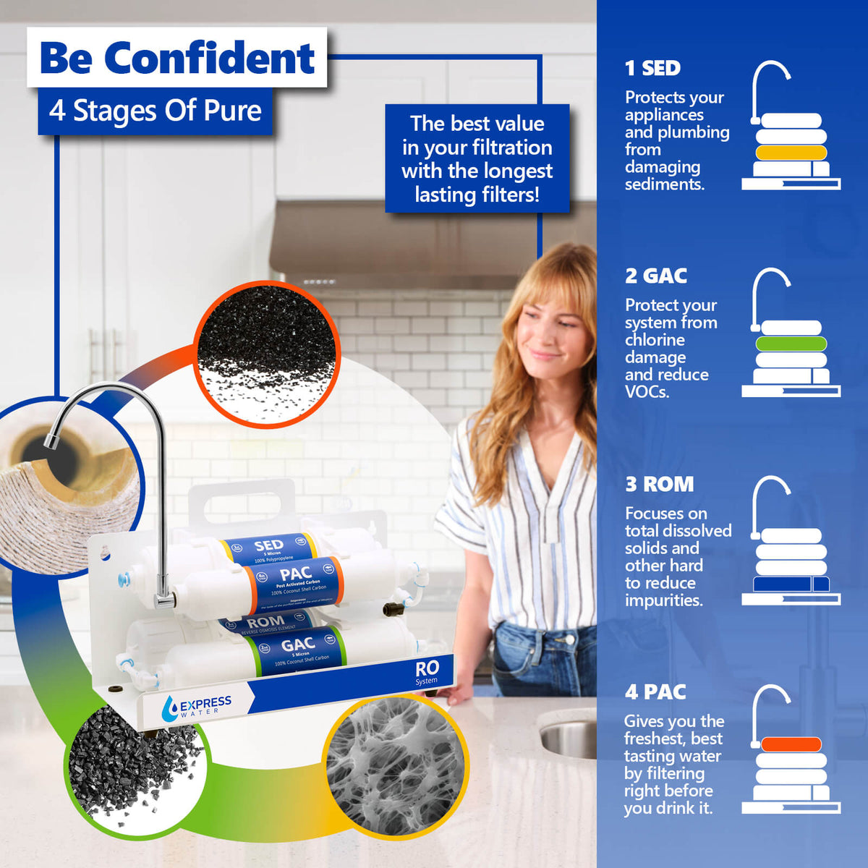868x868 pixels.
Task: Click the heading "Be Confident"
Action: point(177,58)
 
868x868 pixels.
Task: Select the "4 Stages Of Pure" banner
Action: point(155,111)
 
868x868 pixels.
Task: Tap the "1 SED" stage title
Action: point(652,68)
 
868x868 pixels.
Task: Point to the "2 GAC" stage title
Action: point(655,276)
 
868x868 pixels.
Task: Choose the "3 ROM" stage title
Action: point(659,484)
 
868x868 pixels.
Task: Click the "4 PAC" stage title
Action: point(655,692)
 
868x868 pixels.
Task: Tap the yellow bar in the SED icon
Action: point(791,153)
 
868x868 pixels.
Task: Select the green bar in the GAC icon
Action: point(791,344)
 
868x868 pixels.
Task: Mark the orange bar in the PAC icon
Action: point(791,744)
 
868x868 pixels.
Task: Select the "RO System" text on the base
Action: point(427,673)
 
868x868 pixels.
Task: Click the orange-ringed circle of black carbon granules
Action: point(266,354)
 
